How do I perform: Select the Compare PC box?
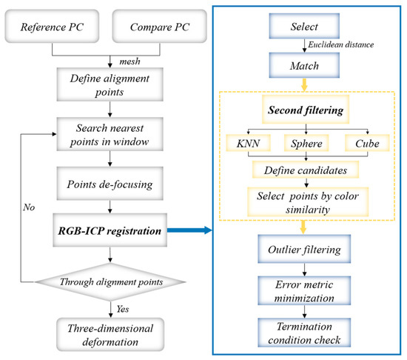[x=158, y=27]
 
